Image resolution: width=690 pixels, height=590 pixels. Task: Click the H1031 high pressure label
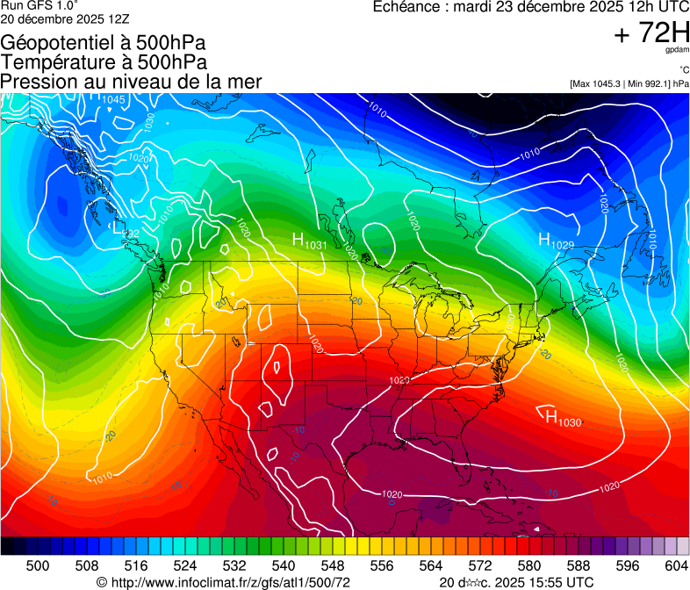click(309, 242)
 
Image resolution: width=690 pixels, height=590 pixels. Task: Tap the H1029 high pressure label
click(556, 241)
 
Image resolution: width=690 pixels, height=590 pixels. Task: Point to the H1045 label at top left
click(107, 98)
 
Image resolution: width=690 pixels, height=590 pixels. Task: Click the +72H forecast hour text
click(651, 33)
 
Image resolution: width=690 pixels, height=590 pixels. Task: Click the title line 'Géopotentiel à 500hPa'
click(104, 43)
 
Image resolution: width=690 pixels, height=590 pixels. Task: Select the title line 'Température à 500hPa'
click(104, 62)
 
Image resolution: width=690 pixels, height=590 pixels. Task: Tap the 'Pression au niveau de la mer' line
click(131, 82)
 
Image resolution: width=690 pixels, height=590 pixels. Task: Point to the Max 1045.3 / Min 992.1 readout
click(629, 84)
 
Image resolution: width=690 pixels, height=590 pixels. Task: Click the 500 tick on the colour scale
click(38, 566)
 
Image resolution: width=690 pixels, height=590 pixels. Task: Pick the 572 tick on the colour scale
click(478, 566)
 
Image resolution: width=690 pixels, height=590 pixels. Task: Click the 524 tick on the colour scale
click(185, 566)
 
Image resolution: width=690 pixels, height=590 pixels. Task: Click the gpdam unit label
click(678, 51)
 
